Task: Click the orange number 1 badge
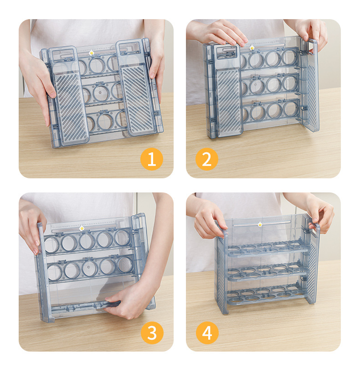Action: coord(151,159)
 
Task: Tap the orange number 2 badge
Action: coord(206,159)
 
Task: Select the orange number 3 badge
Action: coord(152,333)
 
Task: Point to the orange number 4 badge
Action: coord(207,333)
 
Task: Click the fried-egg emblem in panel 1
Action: coord(91,52)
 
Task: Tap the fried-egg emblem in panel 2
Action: coord(252,47)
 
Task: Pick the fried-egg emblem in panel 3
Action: coord(82,228)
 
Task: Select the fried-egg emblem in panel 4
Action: coord(260,224)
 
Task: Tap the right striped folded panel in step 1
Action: coord(137,100)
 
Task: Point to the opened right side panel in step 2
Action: coord(310,86)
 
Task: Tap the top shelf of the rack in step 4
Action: coord(267,249)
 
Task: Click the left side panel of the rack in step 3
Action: coord(43,272)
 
